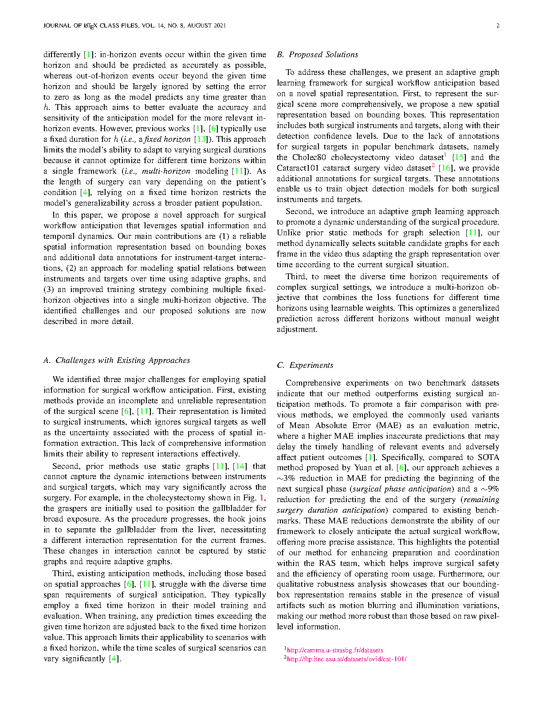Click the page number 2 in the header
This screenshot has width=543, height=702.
tap(498, 26)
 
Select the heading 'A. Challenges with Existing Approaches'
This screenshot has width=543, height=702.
tap(117, 360)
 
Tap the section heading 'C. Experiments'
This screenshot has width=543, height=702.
tap(305, 365)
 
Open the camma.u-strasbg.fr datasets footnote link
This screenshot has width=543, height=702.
tap(335, 650)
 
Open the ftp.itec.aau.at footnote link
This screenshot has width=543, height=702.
tap(346, 659)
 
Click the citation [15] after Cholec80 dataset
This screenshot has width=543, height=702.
tap(459, 157)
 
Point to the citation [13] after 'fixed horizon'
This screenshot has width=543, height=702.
tap(201, 139)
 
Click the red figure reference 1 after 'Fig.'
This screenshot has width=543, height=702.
tap(262, 498)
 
